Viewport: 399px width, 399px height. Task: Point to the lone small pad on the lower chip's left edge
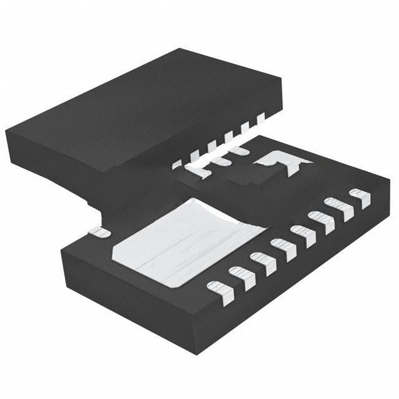coord(99,232)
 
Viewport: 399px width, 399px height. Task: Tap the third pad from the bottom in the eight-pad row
coord(262,262)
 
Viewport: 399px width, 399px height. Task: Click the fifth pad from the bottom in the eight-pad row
coord(302,236)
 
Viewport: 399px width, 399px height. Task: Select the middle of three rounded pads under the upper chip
coord(220,160)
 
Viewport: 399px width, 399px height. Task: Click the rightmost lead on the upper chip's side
coord(261,117)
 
